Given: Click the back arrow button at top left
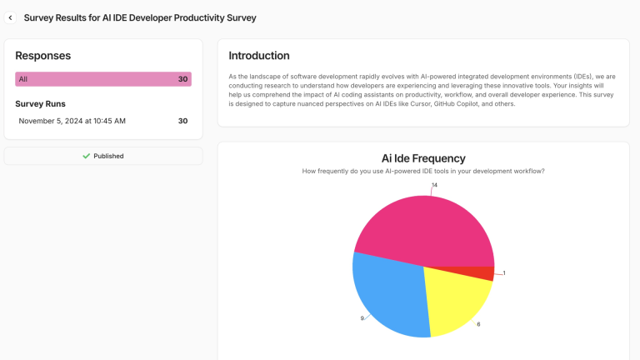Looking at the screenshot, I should pos(11,17).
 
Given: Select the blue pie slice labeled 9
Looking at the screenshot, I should pos(387,296).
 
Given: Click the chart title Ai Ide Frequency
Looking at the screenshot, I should pos(423,158).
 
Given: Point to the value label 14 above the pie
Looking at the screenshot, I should pos(434,185).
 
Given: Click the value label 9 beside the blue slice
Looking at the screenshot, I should pos(362,318).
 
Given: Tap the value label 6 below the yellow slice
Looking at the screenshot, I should pos(478,324).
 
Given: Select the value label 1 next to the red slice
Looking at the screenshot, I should pos(503,273).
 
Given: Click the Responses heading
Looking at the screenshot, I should pos(42,56).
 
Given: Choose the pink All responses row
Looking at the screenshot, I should pos(103,79).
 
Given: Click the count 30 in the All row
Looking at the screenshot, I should pos(182,79).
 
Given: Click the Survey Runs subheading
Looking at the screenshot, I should pos(40,104).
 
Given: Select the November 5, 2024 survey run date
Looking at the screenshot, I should pos(72,121).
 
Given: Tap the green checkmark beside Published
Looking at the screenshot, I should pos(86,156).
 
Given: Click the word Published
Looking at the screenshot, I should pos(108,156).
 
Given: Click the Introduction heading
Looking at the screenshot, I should pos(259,56).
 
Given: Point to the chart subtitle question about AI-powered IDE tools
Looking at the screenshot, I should pos(423,171).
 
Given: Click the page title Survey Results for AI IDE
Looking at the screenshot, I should pos(140,17).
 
